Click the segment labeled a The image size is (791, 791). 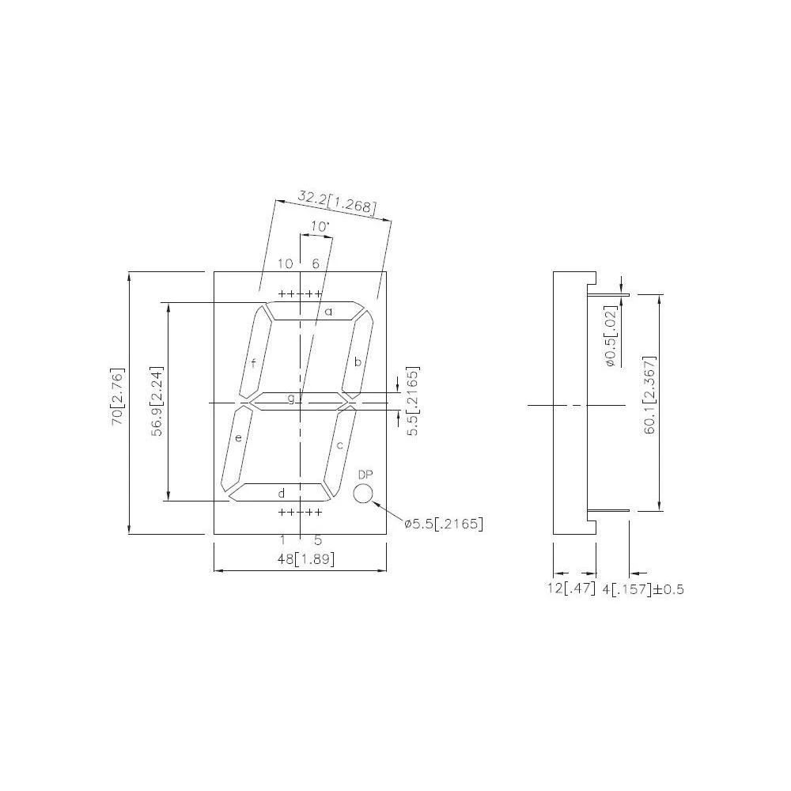pos(316,312)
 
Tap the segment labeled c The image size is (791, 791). pos(339,445)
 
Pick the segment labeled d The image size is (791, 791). pos(277,493)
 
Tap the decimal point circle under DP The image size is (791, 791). pos(363,494)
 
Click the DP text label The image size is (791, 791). pos(365,475)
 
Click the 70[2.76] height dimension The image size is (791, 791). pos(118,398)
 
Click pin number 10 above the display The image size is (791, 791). pos(285,263)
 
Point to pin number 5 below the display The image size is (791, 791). pos(318,540)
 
